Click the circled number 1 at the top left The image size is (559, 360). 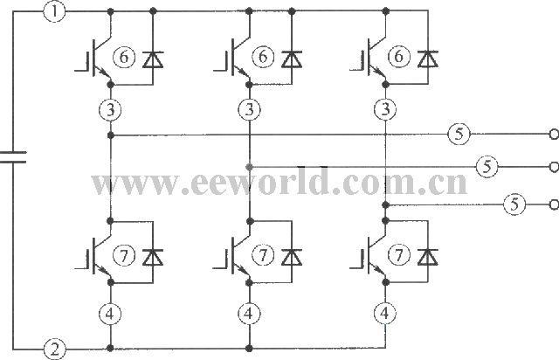[x=54, y=11]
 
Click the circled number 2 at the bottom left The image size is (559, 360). [x=54, y=349]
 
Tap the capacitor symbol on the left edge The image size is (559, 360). [x=13, y=157]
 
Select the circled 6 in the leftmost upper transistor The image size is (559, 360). [x=124, y=57]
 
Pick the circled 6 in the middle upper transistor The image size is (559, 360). [x=263, y=57]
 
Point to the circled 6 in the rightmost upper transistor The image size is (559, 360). [x=398, y=57]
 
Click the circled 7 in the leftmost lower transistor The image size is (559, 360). [x=124, y=255]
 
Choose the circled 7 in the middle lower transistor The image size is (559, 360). [x=263, y=255]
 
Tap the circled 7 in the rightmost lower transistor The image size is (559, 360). [x=398, y=255]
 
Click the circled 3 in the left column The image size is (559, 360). [x=111, y=110]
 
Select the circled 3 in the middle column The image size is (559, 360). [x=249, y=110]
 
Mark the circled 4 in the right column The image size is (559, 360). [x=384, y=314]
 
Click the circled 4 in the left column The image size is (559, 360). [x=110, y=314]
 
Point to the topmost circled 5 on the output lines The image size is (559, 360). [x=459, y=135]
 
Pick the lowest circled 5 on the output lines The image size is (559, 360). [x=514, y=204]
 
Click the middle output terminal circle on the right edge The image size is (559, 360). [x=555, y=167]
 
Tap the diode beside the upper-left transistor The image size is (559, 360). [x=153, y=59]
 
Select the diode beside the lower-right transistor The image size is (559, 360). [x=428, y=257]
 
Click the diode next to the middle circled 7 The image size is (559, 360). [x=292, y=258]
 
